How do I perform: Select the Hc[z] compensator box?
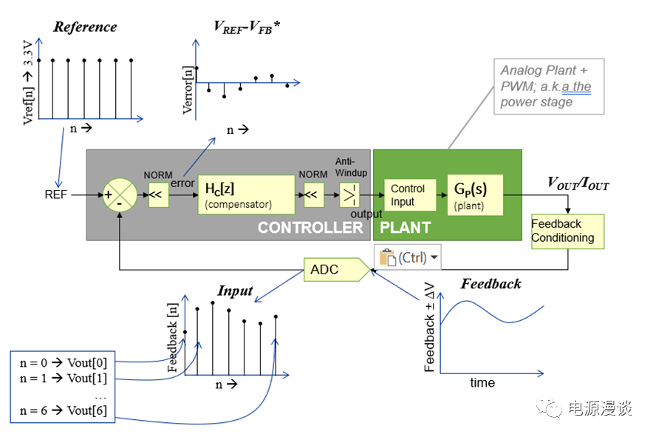(245, 194)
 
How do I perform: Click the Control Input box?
(409, 195)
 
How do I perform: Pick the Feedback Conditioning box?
(567, 231)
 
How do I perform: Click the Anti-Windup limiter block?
(349, 196)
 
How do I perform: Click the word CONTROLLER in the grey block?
(310, 228)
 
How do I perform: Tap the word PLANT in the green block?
(405, 228)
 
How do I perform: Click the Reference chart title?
(85, 27)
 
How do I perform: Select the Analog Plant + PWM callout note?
(548, 86)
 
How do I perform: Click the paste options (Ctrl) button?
(408, 257)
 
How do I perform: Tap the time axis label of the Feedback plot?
(482, 383)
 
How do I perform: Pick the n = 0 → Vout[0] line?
(63, 363)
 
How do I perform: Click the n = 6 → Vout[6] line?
(63, 411)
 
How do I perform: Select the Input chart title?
(235, 291)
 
